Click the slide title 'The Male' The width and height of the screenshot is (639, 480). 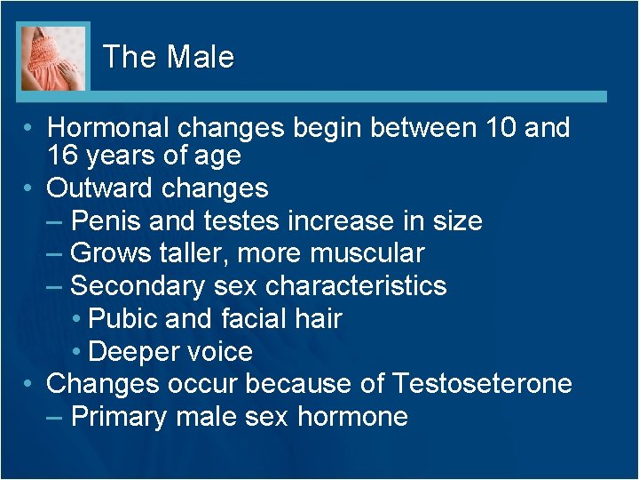pyautogui.click(x=169, y=58)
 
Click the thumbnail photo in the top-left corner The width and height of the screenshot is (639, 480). pyautogui.click(x=53, y=58)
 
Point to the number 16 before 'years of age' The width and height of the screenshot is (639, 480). pyautogui.click(x=63, y=156)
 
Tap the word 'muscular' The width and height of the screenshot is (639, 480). pyautogui.click(x=367, y=253)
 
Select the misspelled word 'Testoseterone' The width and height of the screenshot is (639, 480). pyautogui.click(x=482, y=384)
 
